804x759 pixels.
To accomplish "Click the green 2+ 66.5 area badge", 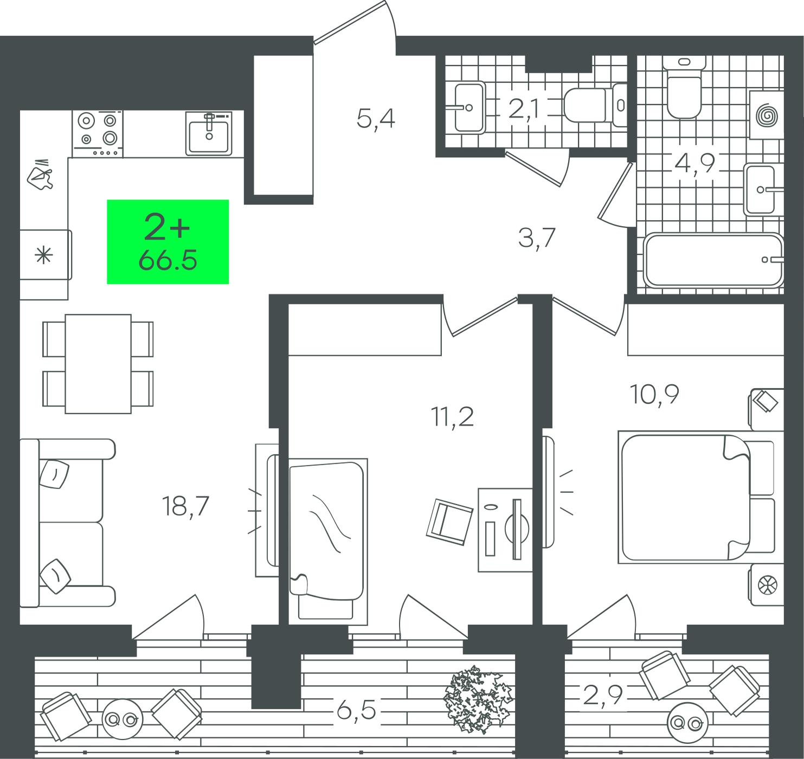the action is click(x=168, y=242).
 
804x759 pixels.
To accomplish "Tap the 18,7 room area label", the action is click(x=185, y=506).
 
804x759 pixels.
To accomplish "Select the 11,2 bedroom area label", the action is click(x=452, y=417).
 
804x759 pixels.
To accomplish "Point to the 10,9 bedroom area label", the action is click(x=654, y=395).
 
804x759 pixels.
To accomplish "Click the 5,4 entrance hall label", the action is click(x=376, y=119).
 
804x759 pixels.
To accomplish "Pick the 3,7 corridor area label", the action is click(x=536, y=238).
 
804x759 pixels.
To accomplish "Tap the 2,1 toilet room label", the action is click(x=524, y=110).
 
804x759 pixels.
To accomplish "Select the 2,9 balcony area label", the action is click(x=602, y=696).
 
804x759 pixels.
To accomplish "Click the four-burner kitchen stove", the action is click(x=98, y=134).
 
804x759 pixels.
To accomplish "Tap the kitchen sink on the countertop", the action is click(x=209, y=133).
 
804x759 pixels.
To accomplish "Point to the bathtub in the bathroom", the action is click(x=713, y=260).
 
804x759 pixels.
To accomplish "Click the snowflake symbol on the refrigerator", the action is click(x=44, y=255).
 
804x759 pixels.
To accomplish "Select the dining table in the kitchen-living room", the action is click(x=98, y=364).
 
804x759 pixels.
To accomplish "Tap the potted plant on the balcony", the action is click(x=478, y=699).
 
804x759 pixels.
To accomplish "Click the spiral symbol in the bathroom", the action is click(x=767, y=115).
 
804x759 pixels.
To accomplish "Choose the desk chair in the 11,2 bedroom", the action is click(x=449, y=522).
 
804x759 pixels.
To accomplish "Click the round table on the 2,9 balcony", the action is click(x=687, y=722).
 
